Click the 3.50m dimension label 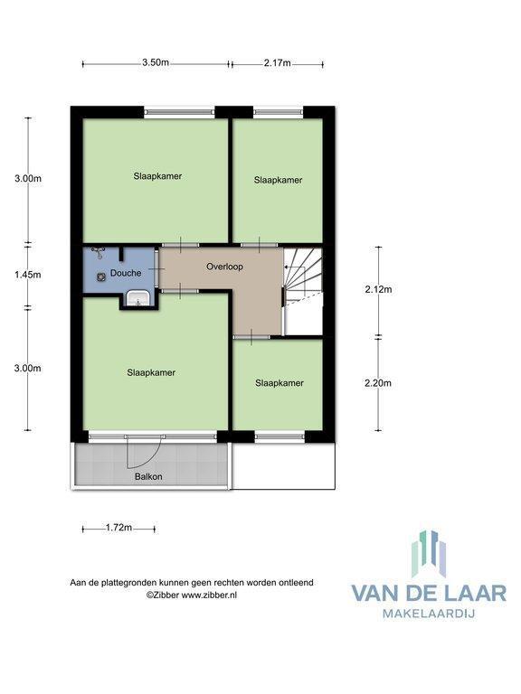156,62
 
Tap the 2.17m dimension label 278,63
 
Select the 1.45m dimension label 28,275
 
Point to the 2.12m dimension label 378,289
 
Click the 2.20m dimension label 378,383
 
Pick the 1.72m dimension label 118,528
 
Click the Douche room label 126,273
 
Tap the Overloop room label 224,267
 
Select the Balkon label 148,477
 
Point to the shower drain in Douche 101,277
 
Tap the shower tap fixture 98,253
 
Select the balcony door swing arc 147,456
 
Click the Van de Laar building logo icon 429,554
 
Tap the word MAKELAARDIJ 429,614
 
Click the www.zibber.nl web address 209,596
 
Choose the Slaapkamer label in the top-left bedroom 157,176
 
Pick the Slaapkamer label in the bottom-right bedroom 279,383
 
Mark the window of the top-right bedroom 279,112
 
